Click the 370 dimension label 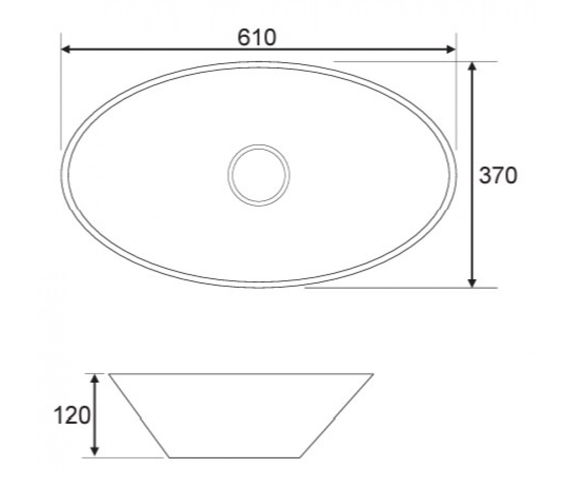[498, 175]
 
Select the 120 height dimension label [72, 415]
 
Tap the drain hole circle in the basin [259, 145]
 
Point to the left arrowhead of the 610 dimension [65, 49]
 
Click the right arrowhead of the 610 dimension [452, 49]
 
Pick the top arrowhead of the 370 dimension [472, 67]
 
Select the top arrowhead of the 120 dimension [95, 379]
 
